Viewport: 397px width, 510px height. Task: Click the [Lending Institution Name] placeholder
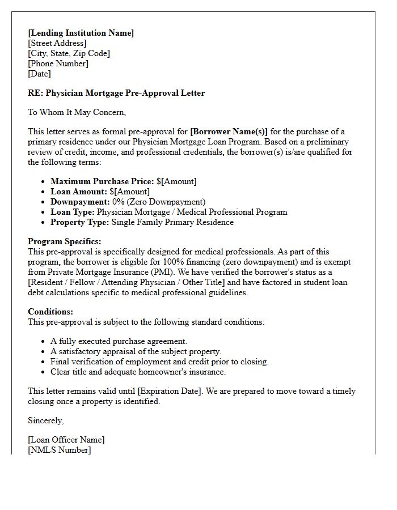tap(81, 33)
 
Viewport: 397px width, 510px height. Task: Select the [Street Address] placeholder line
tap(57, 43)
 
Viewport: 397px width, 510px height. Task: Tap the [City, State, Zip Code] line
tap(69, 53)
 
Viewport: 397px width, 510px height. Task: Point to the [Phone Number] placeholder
tap(58, 63)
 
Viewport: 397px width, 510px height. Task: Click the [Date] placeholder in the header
tap(39, 74)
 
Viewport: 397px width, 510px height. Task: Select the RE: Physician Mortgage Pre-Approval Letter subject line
tap(116, 93)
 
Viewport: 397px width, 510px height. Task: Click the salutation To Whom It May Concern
tap(77, 112)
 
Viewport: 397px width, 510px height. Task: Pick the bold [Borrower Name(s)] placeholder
tap(229, 132)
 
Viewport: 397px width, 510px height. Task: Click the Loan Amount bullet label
tap(79, 192)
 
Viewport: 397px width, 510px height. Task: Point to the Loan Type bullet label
tap(73, 212)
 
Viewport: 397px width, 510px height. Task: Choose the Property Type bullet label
tap(79, 223)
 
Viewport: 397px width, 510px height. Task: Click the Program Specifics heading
tap(65, 242)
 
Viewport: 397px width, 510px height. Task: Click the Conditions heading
tap(50, 312)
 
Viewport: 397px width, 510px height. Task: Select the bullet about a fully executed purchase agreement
tap(119, 342)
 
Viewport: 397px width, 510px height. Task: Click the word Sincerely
tap(46, 420)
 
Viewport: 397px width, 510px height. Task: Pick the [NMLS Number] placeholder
tap(59, 450)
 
